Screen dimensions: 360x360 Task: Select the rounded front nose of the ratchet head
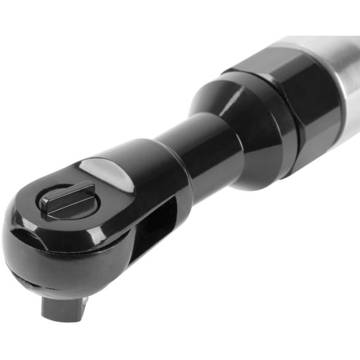click(x=25, y=240)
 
